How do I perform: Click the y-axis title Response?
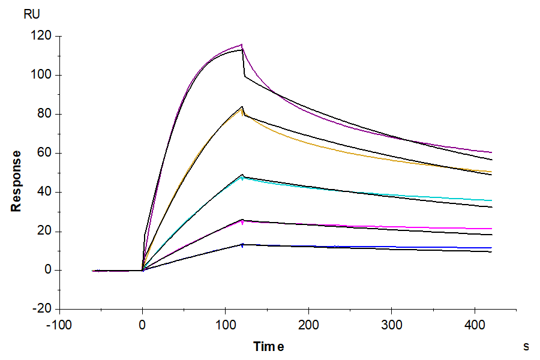tap(16, 181)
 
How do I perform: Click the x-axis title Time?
tap(268, 346)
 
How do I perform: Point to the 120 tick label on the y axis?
tap(43, 36)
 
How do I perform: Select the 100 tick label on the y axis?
tap(43, 75)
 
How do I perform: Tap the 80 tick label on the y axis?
tap(46, 114)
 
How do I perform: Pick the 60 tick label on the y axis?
tap(46, 153)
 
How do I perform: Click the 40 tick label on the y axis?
tap(46, 192)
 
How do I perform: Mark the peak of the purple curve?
tap(242, 44)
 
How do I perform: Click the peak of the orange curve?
tap(242, 109)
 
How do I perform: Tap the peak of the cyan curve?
tap(242, 177)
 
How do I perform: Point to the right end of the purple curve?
tap(491, 152)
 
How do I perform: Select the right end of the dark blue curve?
tap(491, 248)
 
